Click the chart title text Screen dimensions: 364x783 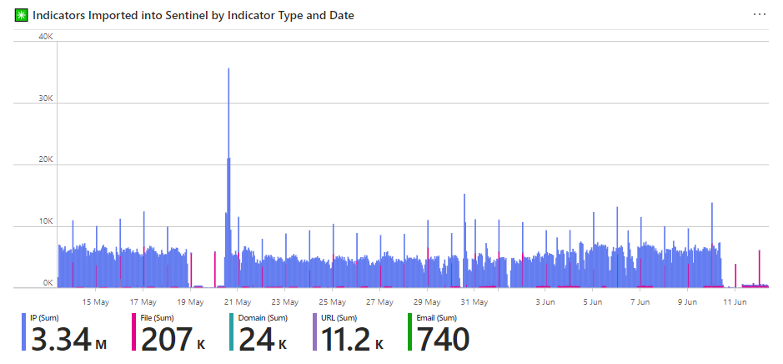point(193,15)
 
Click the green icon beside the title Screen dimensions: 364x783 point(22,15)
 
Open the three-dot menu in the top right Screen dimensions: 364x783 point(759,14)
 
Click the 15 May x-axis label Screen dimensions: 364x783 point(96,301)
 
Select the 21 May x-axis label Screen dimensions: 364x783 point(238,301)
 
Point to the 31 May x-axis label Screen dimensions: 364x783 point(474,301)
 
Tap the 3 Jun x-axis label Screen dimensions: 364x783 point(545,301)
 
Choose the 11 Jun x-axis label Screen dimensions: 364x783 point(735,301)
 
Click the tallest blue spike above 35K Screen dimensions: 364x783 point(228,75)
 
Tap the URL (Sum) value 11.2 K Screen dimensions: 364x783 point(350,340)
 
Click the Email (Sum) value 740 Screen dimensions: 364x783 point(443,340)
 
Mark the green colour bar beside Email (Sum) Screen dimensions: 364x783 point(409,332)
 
